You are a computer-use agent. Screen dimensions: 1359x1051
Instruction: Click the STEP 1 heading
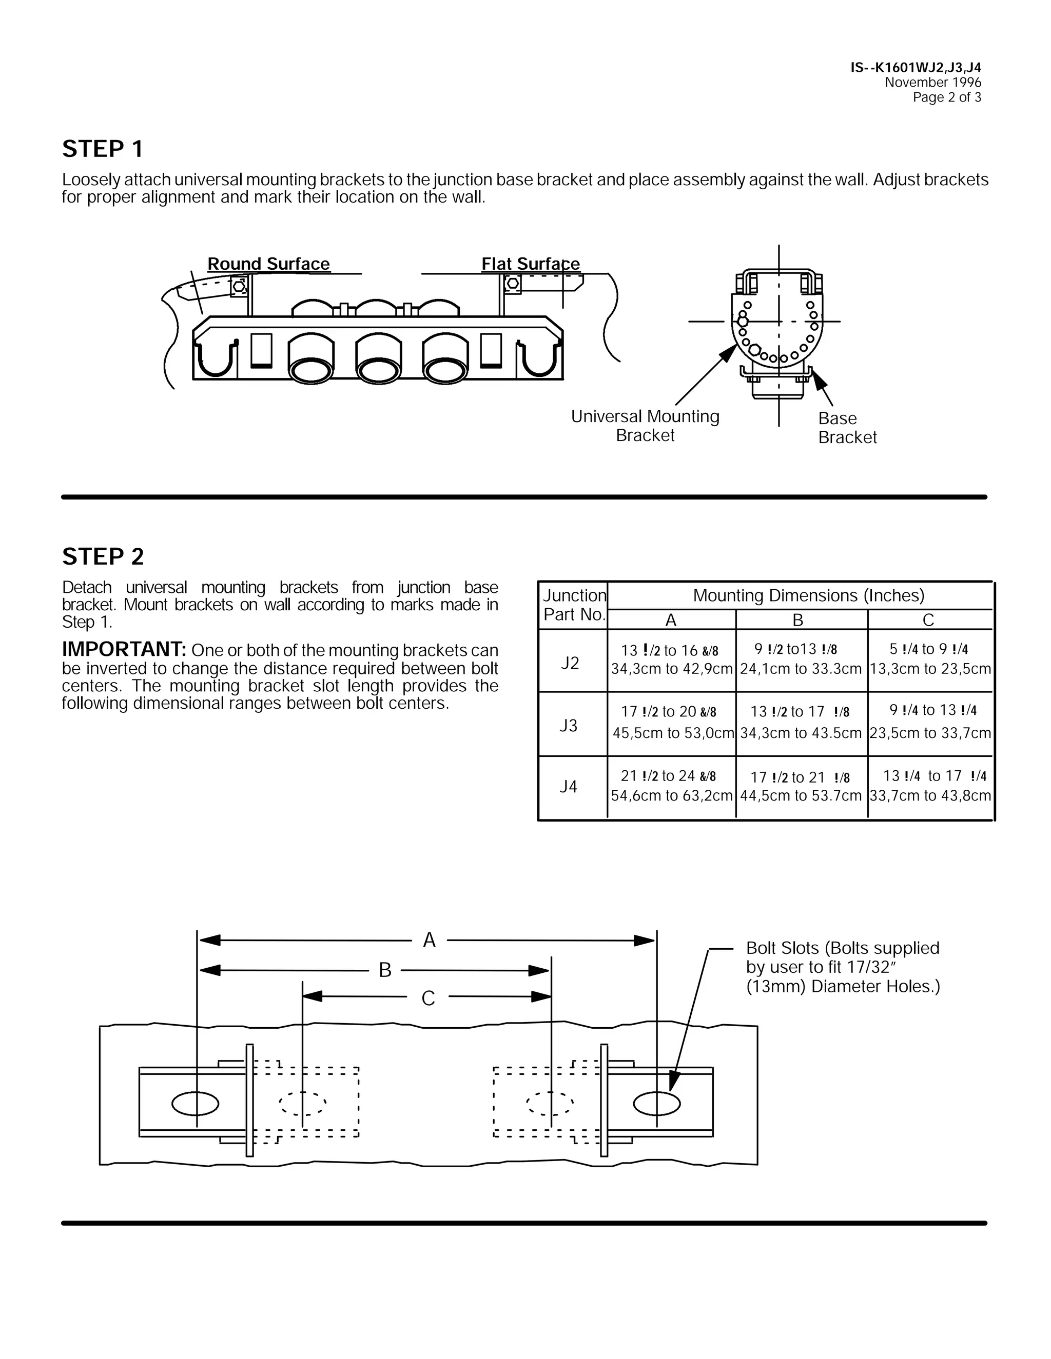[103, 149]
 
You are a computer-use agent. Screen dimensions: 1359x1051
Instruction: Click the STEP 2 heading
[103, 556]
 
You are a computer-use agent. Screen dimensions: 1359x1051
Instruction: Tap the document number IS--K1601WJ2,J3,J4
[916, 67]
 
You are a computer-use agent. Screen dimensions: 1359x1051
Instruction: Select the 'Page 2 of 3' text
[946, 97]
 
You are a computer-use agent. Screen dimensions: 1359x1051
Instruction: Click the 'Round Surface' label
[268, 264]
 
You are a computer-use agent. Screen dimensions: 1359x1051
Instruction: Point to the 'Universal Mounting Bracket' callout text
[645, 426]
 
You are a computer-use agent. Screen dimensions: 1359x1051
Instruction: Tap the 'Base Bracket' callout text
[847, 428]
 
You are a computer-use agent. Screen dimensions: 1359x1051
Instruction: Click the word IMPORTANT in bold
[124, 650]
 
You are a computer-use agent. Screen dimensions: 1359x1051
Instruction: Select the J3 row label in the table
[569, 726]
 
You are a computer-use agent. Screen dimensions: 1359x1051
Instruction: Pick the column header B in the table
[797, 621]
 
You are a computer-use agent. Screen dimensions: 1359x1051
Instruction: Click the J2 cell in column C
[929, 659]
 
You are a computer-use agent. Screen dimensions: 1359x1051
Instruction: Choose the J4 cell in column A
[671, 786]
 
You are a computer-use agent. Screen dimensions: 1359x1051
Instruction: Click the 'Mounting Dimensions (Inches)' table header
[808, 595]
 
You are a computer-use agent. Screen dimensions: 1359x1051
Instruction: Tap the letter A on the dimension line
[429, 940]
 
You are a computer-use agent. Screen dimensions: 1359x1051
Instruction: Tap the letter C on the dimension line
[428, 998]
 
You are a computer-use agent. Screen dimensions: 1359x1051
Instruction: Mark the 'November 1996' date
[932, 82]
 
